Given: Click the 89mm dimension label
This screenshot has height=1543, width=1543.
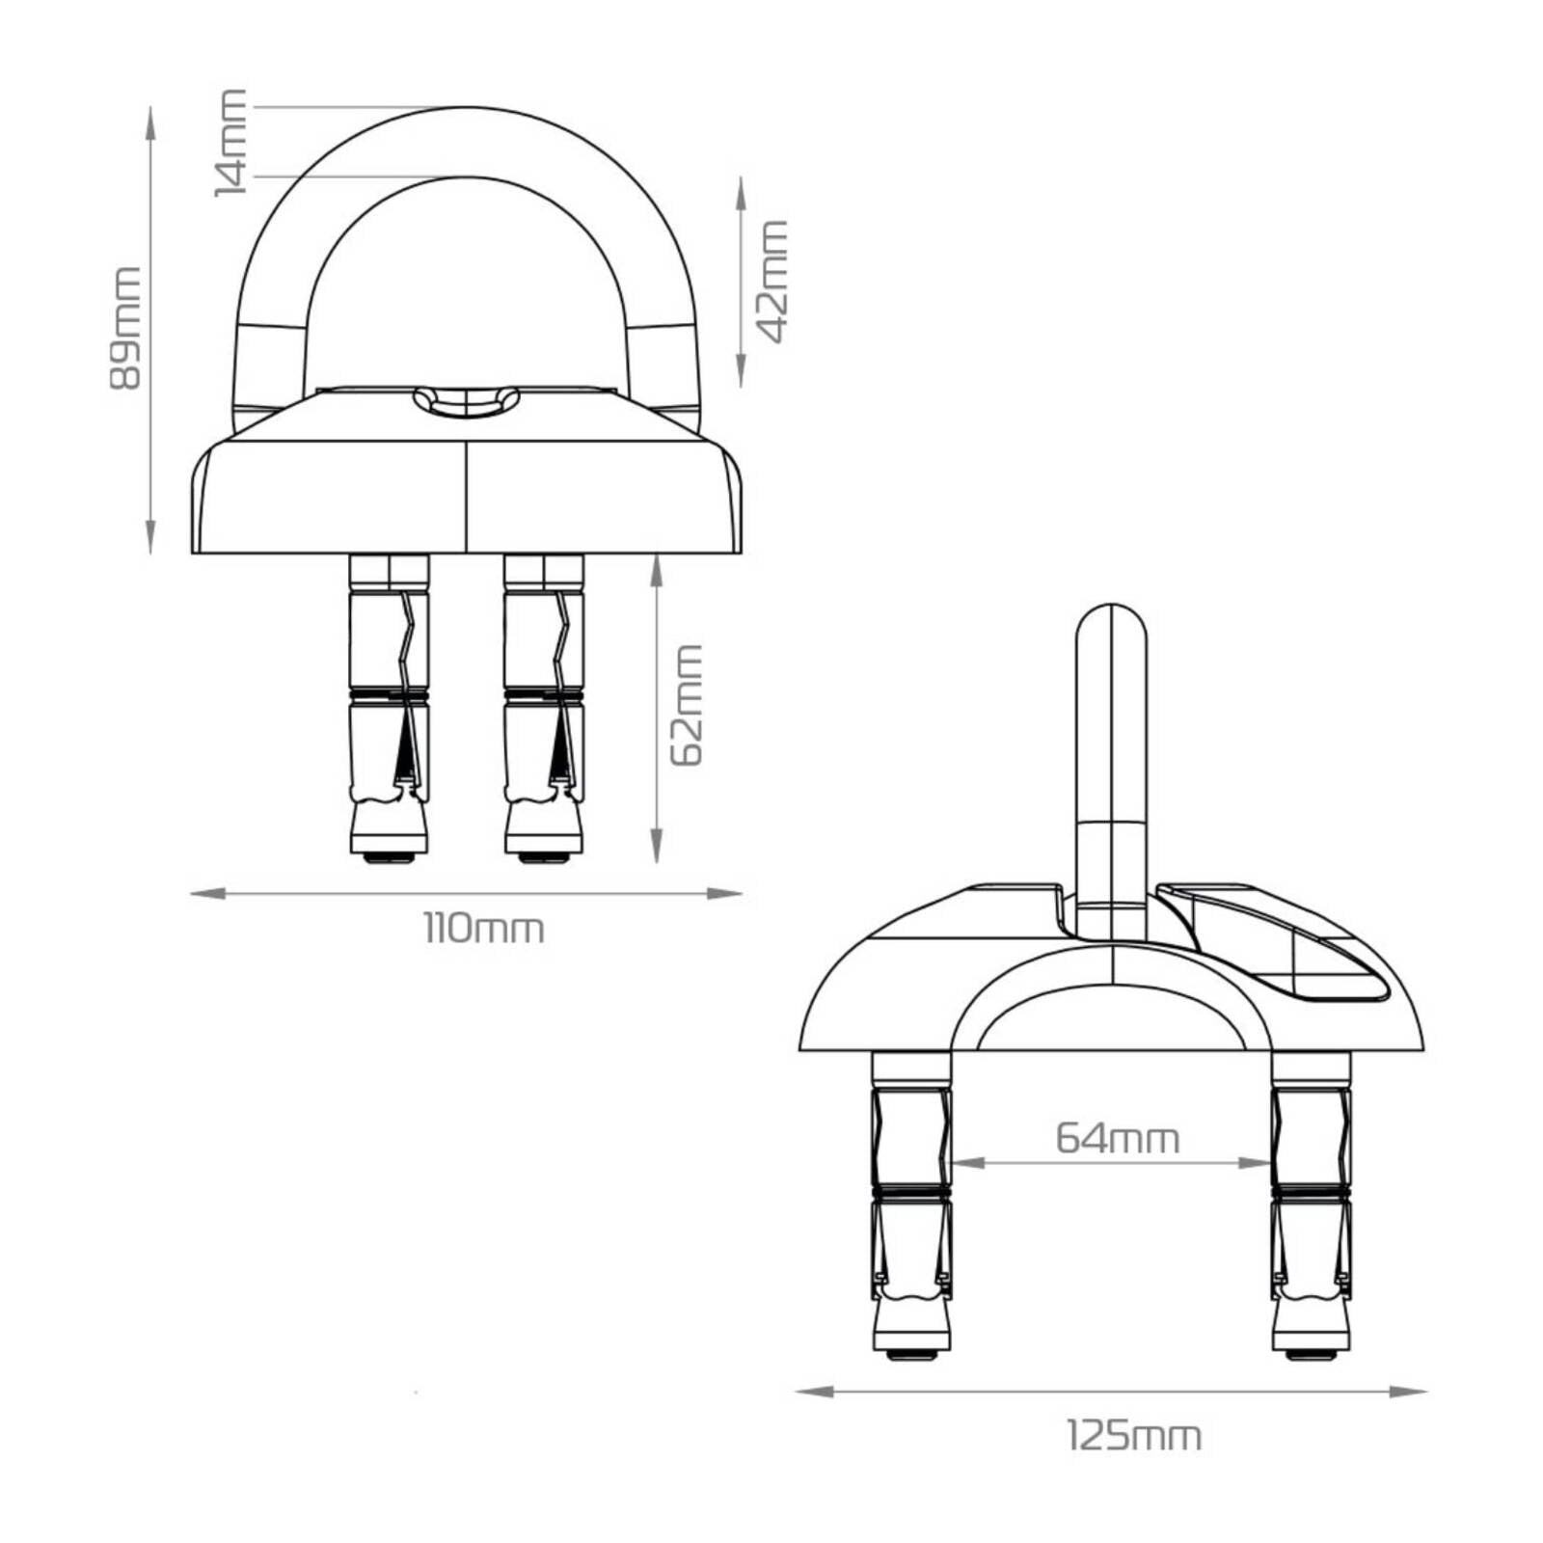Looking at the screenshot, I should [x=125, y=329].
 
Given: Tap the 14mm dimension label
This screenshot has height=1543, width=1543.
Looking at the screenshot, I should [x=231, y=142].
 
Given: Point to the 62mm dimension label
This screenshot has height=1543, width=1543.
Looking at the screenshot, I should [x=687, y=705].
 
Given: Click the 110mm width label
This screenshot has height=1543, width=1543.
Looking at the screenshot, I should [x=484, y=929].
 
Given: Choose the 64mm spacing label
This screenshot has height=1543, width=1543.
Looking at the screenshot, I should [x=1117, y=1138].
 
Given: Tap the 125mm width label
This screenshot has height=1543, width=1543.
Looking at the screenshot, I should [x=1134, y=1436].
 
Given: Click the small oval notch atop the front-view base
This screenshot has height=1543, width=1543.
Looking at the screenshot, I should [x=466, y=401].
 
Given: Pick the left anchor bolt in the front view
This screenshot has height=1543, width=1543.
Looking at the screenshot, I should [x=389, y=709].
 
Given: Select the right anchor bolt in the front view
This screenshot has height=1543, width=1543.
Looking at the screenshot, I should [x=544, y=709].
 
